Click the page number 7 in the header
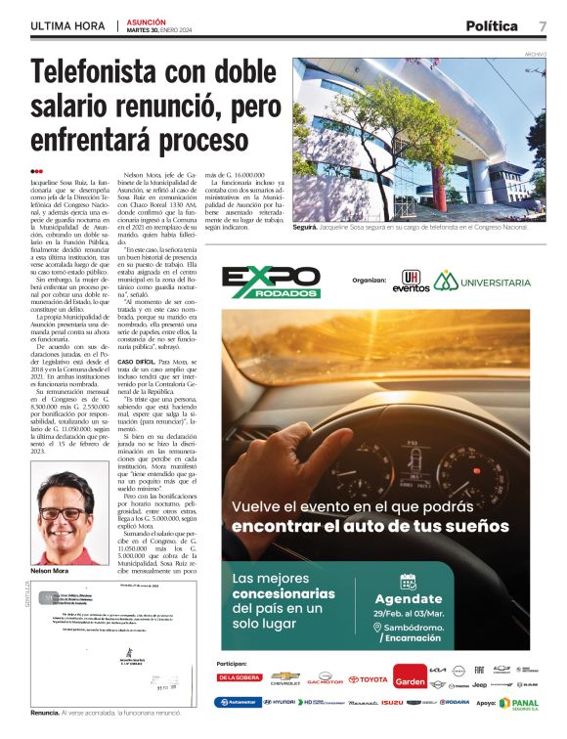[x=542, y=25]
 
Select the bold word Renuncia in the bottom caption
[x=45, y=713]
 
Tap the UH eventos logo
[x=410, y=282]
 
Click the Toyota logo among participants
[x=368, y=678]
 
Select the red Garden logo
[x=410, y=676]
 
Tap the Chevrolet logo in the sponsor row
[x=284, y=677]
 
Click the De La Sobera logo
[x=240, y=677]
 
